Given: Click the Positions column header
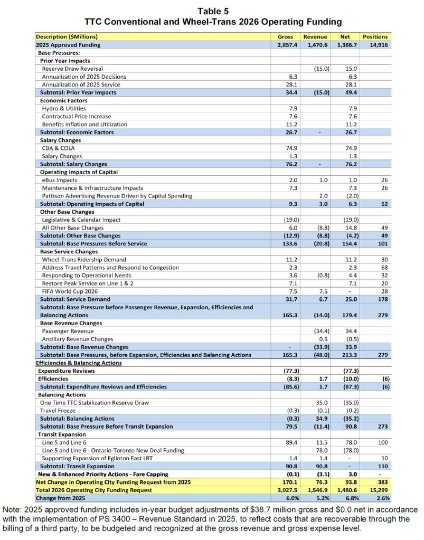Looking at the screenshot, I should click(x=375, y=37).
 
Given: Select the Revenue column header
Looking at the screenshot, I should click(x=316, y=37).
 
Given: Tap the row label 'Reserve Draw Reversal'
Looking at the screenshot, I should click(x=72, y=69).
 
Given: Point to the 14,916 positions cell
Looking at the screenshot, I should click(x=375, y=45).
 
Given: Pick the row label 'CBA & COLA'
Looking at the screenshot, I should click(x=59, y=148).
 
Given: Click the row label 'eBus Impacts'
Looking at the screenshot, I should click(x=60, y=181).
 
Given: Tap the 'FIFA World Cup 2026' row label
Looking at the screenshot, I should click(x=71, y=291).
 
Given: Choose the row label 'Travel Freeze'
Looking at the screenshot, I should click(x=59, y=411).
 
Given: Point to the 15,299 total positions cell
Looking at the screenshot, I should click(x=375, y=490).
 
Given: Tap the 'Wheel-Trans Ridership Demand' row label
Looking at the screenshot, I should click(x=84, y=260).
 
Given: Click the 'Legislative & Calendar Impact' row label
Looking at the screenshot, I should click(x=81, y=220).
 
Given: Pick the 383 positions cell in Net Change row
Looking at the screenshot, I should click(x=379, y=482).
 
